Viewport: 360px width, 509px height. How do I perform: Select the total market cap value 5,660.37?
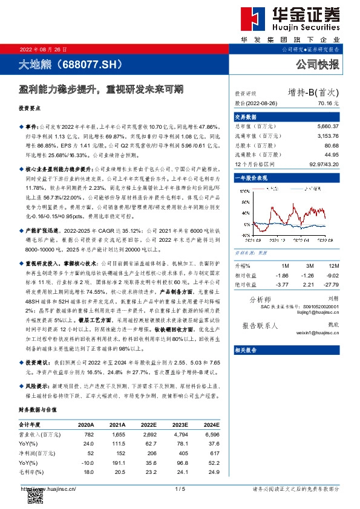pyautogui.click(x=327, y=126)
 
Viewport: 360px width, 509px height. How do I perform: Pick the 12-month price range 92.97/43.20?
pyautogui.click(x=324, y=163)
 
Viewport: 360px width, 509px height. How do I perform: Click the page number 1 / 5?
pyautogui.click(x=179, y=488)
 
